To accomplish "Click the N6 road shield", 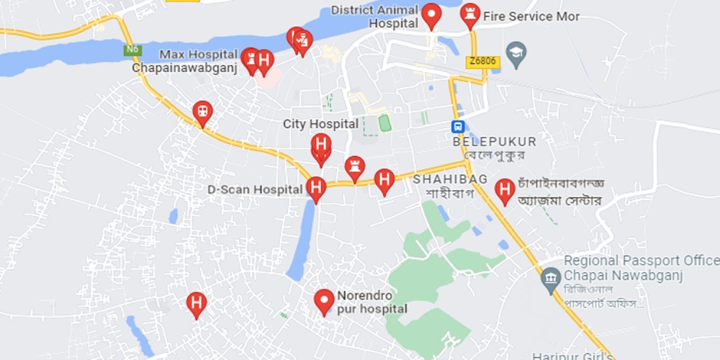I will tap(130, 50).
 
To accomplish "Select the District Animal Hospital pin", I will tap(431, 15).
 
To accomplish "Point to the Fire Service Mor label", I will tap(531, 16).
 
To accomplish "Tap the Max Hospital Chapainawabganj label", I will tap(188, 61).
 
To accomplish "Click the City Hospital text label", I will tap(320, 124).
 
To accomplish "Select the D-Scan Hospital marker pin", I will tap(316, 189).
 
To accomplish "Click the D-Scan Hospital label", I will tap(254, 190).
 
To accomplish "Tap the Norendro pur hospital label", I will tap(372, 302).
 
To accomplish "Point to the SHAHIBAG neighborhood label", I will tap(450, 179).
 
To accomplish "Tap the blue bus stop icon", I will tap(457, 127).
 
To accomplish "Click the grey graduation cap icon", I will tap(516, 51).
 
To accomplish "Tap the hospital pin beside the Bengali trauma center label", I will tap(505, 191).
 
